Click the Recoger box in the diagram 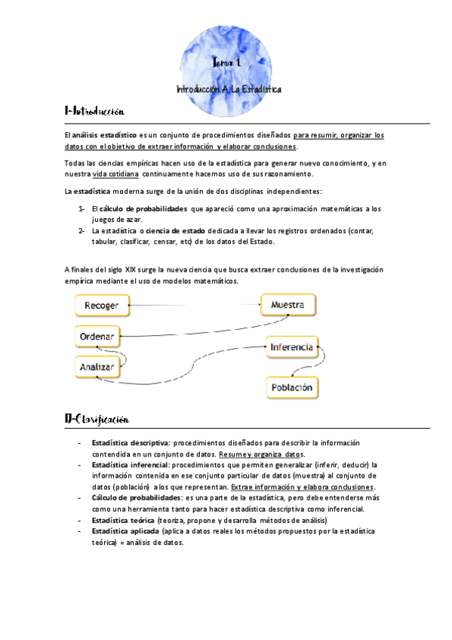(100, 306)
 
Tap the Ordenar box (97, 336)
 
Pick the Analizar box (97, 367)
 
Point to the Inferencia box (291, 348)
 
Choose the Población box (291, 387)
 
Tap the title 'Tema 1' (226, 66)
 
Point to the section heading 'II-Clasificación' (97, 418)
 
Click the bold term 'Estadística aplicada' (121, 531)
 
